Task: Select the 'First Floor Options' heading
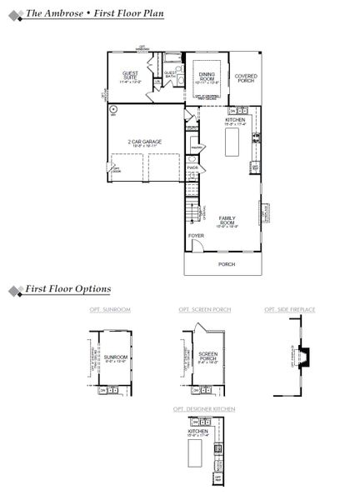(67, 289)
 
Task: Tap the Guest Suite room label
(131, 77)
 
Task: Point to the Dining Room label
(206, 77)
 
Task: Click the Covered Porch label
(245, 79)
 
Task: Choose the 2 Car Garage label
(144, 142)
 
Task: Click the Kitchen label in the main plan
(235, 122)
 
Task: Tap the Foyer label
(196, 236)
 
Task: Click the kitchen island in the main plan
(232, 145)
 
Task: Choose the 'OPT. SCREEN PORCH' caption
(205, 310)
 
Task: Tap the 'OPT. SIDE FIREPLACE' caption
(290, 310)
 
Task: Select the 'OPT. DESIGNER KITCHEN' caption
(205, 409)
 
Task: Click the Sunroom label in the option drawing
(113, 361)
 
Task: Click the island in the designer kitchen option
(197, 455)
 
